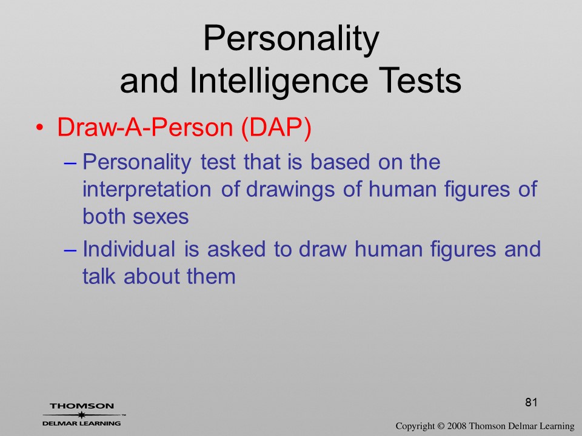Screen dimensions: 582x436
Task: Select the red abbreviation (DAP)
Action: tap(276, 128)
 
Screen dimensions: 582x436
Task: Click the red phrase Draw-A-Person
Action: tap(145, 127)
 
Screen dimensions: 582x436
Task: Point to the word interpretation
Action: tap(147, 190)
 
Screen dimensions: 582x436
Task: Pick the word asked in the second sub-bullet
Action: tap(236, 248)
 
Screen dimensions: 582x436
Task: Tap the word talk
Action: tap(98, 276)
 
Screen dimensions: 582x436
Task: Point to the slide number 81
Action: tap(531, 402)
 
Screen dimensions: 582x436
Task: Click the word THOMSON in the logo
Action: tap(82, 406)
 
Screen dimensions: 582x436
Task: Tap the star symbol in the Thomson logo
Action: tap(81, 415)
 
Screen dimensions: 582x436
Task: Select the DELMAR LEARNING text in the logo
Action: tap(81, 423)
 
